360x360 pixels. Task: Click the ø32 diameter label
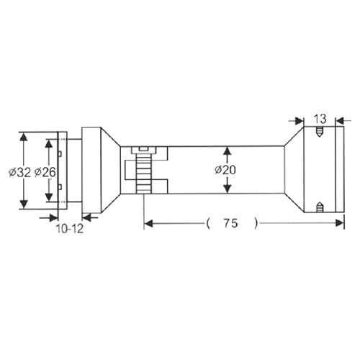20,172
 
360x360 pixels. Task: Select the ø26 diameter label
45,172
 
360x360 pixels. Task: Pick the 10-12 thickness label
70,229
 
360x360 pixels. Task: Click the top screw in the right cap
319,132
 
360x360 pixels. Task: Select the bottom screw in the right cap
319,209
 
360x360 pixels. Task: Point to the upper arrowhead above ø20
228,150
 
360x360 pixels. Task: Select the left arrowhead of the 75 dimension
149,224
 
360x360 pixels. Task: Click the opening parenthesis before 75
207,224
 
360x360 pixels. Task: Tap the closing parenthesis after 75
257,224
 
